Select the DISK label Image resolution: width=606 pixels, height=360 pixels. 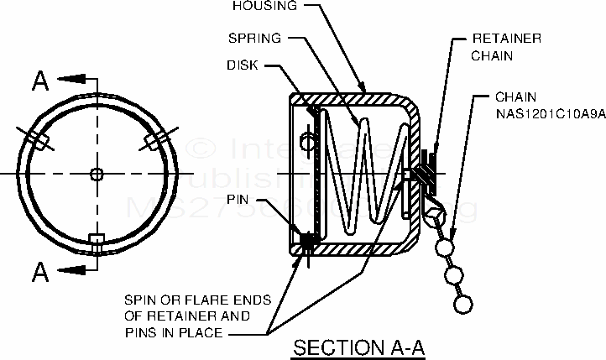click(x=243, y=65)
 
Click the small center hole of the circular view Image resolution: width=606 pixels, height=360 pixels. click(x=97, y=174)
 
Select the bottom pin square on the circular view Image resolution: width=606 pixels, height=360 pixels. click(x=97, y=240)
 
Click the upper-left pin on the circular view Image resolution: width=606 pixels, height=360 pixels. click(x=35, y=138)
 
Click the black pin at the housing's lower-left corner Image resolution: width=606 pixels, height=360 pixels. click(x=307, y=241)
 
